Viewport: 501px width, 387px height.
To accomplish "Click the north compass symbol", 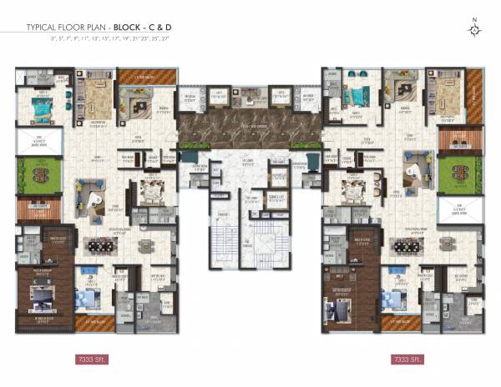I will point(475,30).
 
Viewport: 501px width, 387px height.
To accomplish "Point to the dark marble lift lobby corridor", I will point(248,129).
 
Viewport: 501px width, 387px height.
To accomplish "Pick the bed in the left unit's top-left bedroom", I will point(37,108).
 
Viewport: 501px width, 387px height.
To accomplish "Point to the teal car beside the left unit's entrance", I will point(189,158).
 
